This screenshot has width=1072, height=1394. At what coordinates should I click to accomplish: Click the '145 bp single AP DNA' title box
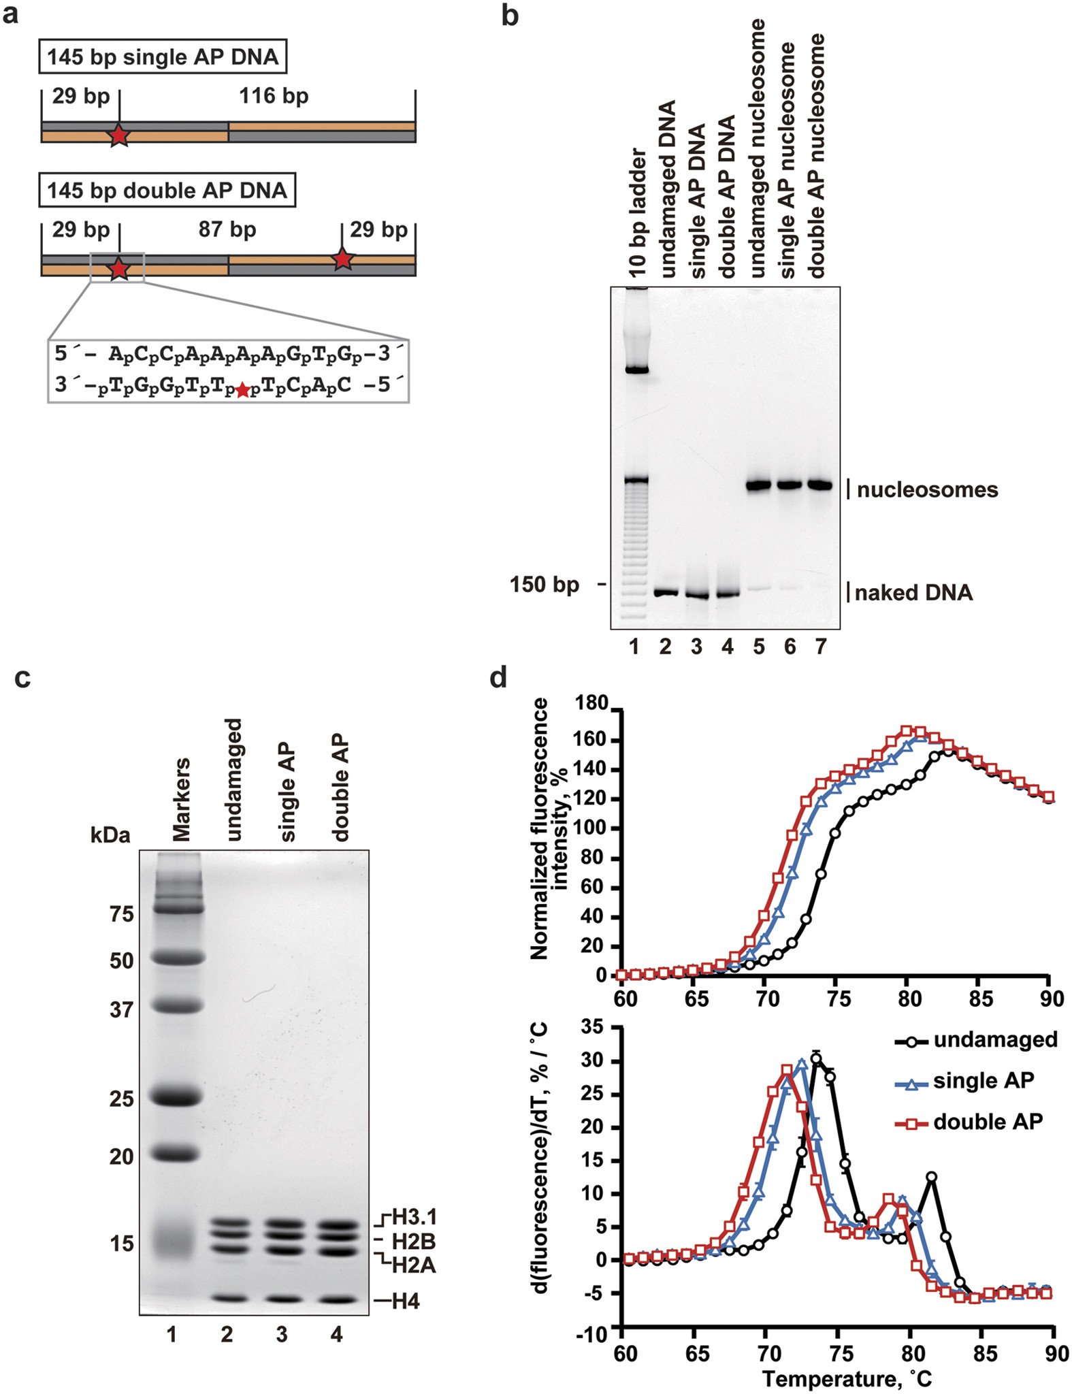pyautogui.click(x=163, y=56)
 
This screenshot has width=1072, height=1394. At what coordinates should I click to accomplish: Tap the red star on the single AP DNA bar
pyautogui.click(x=118, y=135)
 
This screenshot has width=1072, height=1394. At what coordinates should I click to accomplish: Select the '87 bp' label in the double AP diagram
pyautogui.click(x=227, y=229)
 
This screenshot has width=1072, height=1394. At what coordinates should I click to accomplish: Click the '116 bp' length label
pyautogui.click(x=274, y=96)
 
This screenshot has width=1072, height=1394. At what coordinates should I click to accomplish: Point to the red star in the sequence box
pyautogui.click(x=242, y=390)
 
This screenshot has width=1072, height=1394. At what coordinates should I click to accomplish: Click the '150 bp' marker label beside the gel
pyautogui.click(x=545, y=585)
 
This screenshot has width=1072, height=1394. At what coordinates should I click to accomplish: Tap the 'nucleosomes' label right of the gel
pyautogui.click(x=927, y=489)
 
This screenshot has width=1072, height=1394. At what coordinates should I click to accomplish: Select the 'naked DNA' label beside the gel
pyautogui.click(x=913, y=593)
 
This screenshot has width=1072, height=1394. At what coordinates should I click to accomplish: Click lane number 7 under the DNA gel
pyautogui.click(x=821, y=646)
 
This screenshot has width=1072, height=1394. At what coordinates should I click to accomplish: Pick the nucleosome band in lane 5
pyautogui.click(x=758, y=485)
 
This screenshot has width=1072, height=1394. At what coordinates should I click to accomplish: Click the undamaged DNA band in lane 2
pyautogui.click(x=665, y=592)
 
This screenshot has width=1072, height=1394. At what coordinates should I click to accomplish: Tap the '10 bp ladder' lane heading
pyautogui.click(x=636, y=212)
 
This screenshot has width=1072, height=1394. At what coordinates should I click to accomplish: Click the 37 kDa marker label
pyautogui.click(x=121, y=1009)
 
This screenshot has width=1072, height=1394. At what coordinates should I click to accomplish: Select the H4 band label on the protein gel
pyautogui.click(x=406, y=1301)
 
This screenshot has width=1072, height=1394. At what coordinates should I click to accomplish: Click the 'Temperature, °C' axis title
pyautogui.click(x=847, y=1378)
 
